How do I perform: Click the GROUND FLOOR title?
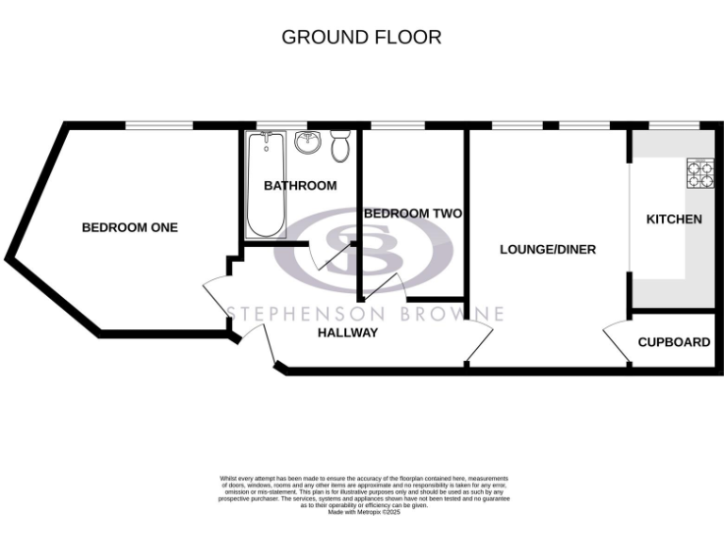tap(362, 38)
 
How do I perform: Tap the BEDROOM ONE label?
tap(129, 227)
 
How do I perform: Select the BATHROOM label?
tap(300, 186)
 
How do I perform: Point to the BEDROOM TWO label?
tap(412, 214)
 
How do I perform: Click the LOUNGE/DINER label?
tap(548, 250)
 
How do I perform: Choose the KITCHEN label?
tap(673, 220)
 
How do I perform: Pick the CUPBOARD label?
tap(673, 342)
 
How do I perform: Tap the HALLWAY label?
tap(347, 333)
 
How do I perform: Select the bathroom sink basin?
tap(307, 142)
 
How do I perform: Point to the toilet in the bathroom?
tap(340, 145)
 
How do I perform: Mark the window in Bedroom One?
tap(158, 125)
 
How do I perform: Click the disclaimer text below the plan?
tap(362, 493)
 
